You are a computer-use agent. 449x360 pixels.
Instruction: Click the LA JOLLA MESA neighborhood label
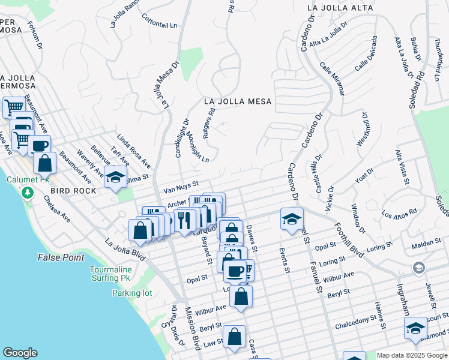click(x=237, y=101)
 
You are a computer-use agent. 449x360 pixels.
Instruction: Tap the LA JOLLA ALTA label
click(x=336, y=8)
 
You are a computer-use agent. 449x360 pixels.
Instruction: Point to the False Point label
click(x=61, y=257)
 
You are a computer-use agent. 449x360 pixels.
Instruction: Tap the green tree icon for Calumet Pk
click(x=26, y=193)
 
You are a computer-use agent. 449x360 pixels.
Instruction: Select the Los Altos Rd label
click(x=399, y=214)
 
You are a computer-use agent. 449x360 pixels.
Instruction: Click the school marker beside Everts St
click(x=292, y=218)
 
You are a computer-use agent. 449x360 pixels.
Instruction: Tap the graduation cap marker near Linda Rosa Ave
click(x=115, y=178)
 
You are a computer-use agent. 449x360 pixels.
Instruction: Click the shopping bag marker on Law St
click(x=234, y=337)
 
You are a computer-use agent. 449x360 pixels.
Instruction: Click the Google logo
click(x=20, y=353)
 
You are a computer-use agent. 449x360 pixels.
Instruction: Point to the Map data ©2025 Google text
click(x=411, y=355)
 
